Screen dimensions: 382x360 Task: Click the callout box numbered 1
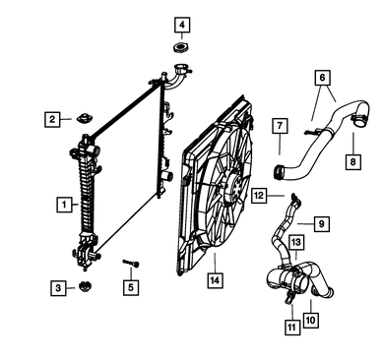[x=64, y=205]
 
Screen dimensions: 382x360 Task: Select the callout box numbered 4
[x=182, y=25]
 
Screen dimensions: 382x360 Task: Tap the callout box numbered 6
[x=322, y=78]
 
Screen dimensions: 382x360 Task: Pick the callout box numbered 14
[x=215, y=280]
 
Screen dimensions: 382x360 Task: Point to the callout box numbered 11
[x=292, y=327]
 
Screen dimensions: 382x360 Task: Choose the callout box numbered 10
[x=310, y=320]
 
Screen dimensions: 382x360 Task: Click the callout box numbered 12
[x=259, y=196]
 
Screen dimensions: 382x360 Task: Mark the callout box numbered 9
[x=321, y=223]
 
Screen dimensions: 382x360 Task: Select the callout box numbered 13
[x=296, y=242]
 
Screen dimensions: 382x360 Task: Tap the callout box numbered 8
[x=353, y=161]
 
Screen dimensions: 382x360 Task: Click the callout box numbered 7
[x=280, y=126]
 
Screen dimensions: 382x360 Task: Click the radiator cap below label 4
[x=181, y=48]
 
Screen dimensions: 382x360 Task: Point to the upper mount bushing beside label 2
[x=85, y=118]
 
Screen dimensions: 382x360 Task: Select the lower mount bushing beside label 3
[x=86, y=286]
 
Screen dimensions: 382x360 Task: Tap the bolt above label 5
[x=131, y=263]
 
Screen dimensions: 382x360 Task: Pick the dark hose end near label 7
[x=279, y=172]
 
